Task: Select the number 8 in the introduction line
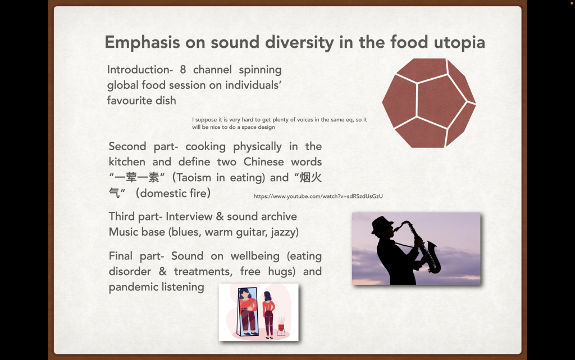(x=182, y=70)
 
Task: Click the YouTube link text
(x=318, y=196)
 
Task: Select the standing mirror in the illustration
(x=248, y=312)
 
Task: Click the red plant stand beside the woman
(x=281, y=326)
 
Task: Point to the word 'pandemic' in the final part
(x=130, y=287)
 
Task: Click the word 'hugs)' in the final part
(x=282, y=272)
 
